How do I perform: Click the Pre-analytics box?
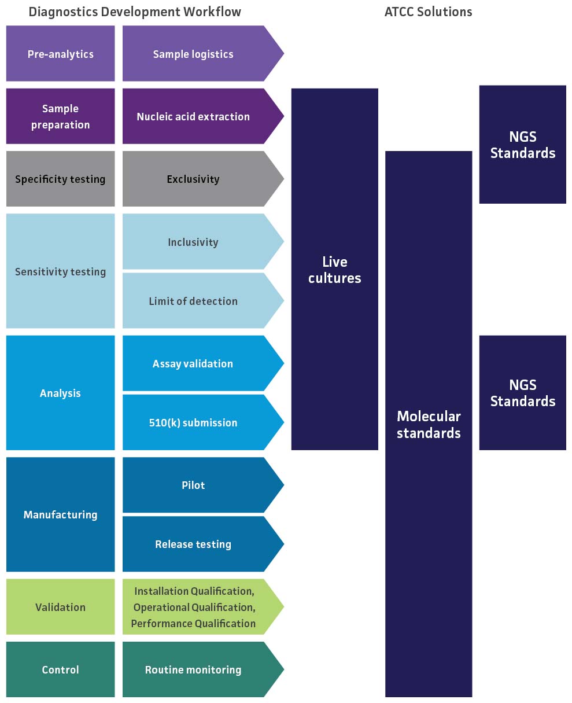[x=60, y=54]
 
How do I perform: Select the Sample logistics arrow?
[x=193, y=54]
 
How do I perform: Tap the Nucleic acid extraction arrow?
[x=193, y=116]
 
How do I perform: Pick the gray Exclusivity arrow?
[x=193, y=179]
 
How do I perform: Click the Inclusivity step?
[x=193, y=242]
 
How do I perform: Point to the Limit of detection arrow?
[x=193, y=301]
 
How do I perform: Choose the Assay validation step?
[x=193, y=363]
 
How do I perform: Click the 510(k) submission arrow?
[x=193, y=422]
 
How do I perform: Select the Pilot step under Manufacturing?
[x=193, y=485]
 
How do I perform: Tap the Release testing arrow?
[x=193, y=544]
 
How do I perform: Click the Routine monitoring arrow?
[x=193, y=669]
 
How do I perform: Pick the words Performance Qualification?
[x=193, y=623]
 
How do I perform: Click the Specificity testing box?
[x=60, y=179]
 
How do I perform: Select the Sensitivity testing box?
[x=60, y=271]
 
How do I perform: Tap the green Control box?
[x=60, y=669]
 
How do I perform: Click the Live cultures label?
[x=334, y=270]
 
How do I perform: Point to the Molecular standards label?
[x=429, y=424]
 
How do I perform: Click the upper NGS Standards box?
[x=522, y=145]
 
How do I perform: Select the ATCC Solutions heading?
[x=428, y=12]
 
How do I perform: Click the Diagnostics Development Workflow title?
[x=135, y=12]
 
